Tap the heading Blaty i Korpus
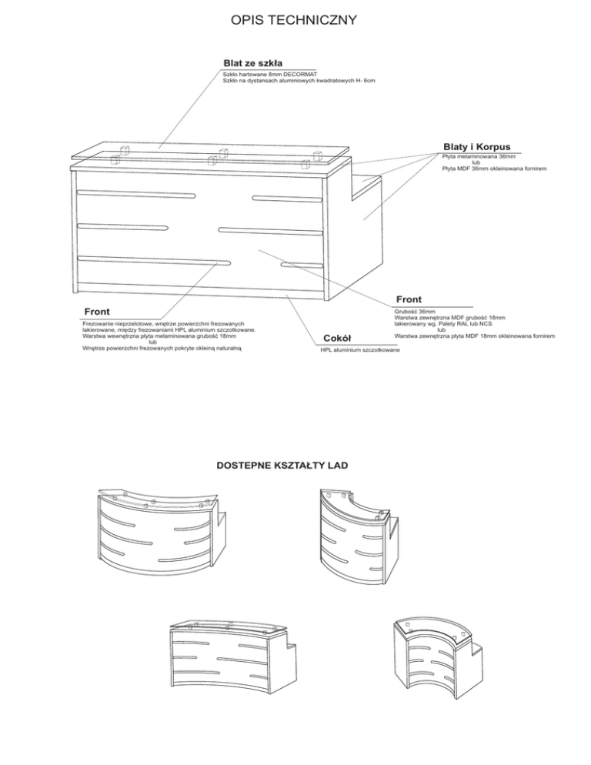pyautogui.click(x=476, y=146)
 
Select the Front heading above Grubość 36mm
pyautogui.click(x=409, y=299)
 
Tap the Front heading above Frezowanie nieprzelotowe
pyautogui.click(x=96, y=311)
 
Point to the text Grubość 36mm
pyautogui.click(x=415, y=312)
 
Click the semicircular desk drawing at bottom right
pyautogui.click(x=435, y=654)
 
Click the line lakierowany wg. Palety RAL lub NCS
pyautogui.click(x=444, y=324)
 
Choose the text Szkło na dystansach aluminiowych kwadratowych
pyautogui.click(x=299, y=80)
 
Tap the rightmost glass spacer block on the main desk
pyautogui.click(x=306, y=162)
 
